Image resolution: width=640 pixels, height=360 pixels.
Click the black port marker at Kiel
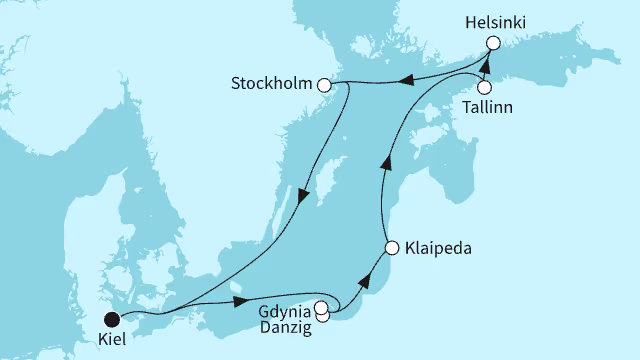(x=112, y=319)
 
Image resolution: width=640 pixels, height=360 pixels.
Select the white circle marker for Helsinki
(x=492, y=43)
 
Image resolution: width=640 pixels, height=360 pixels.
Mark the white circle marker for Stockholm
(x=324, y=86)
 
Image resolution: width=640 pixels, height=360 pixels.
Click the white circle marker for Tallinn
(x=483, y=87)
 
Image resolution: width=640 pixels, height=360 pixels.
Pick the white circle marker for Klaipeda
(x=391, y=245)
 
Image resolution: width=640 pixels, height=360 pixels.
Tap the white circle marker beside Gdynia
(x=321, y=308)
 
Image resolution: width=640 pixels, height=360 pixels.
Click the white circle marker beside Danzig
(x=322, y=318)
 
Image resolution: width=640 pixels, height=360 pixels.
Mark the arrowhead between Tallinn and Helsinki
(x=482, y=65)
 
